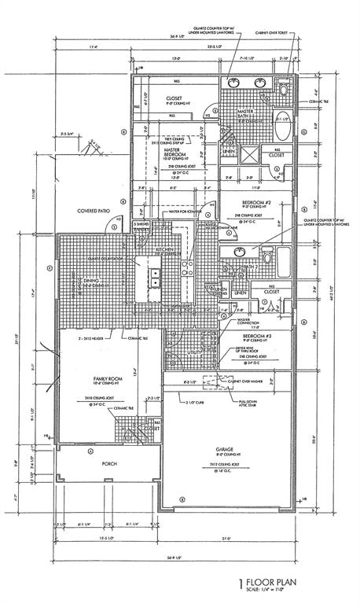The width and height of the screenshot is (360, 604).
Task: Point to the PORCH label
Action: [109, 464]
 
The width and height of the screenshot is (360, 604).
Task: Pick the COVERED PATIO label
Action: [93, 211]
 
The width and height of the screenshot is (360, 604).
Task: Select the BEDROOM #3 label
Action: [256, 334]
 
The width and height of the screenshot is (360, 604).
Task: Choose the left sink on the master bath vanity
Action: [234, 82]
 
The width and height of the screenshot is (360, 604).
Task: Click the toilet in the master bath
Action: [281, 85]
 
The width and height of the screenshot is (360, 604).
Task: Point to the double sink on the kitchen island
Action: [156, 281]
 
